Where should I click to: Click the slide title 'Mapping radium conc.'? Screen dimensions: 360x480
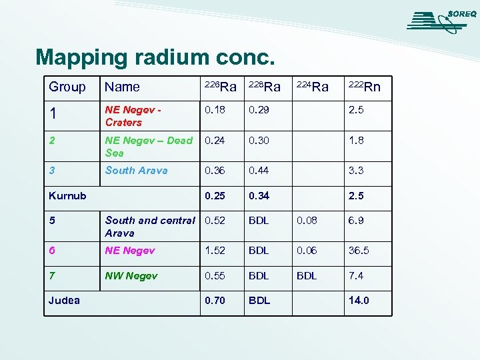click(x=155, y=57)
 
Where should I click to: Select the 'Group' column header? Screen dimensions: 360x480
click(x=67, y=87)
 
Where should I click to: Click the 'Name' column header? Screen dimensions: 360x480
click(x=123, y=87)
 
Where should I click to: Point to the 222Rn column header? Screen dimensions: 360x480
click(x=365, y=87)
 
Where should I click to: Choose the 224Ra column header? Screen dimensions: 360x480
click(x=312, y=87)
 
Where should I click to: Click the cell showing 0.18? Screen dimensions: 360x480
click(x=215, y=110)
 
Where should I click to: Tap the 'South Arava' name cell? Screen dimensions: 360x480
click(x=136, y=171)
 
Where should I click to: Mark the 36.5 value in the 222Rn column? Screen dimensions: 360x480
click(x=358, y=251)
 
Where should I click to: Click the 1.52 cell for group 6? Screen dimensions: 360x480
click(x=215, y=251)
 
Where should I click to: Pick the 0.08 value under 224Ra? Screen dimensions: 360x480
click(x=307, y=221)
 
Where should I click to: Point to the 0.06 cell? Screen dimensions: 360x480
click(x=307, y=251)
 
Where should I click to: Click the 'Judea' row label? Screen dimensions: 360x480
click(x=64, y=301)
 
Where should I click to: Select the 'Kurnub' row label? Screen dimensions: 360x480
click(x=67, y=196)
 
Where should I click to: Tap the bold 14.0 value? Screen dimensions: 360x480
click(x=358, y=301)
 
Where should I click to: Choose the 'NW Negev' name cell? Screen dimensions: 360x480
click(x=131, y=276)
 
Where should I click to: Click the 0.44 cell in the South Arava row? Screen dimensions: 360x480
click(x=259, y=171)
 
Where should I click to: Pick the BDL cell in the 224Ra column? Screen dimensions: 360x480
click(x=307, y=276)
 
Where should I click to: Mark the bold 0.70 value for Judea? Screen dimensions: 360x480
click(x=215, y=301)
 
